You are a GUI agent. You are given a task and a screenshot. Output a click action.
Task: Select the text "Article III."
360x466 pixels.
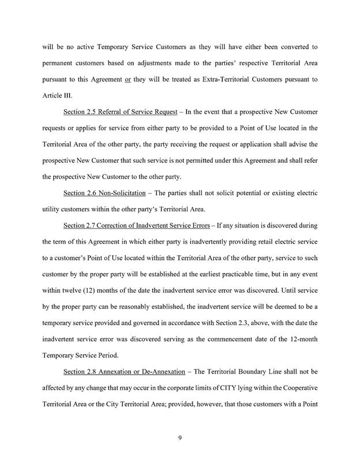click(x=58, y=95)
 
